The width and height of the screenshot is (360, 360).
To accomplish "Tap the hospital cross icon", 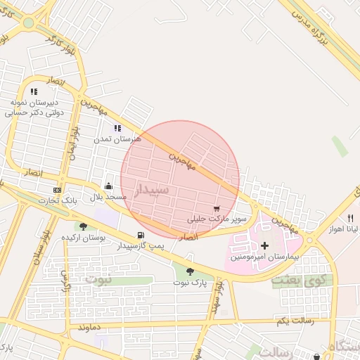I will (264, 245).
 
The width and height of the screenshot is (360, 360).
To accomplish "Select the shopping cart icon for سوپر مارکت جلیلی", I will (217, 208).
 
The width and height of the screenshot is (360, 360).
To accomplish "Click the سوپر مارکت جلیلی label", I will (217, 220).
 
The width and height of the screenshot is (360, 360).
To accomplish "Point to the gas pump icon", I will (141, 236).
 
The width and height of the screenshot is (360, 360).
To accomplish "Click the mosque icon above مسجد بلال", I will (108, 187).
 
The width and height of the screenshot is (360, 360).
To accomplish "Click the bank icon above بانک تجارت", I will (57, 191).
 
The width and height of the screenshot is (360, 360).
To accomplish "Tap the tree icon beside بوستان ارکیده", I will (84, 226).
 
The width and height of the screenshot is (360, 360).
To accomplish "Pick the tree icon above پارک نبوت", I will (190, 271).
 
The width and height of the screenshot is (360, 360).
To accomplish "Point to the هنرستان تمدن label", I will (118, 139).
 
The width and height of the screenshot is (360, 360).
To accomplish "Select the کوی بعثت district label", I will (293, 281).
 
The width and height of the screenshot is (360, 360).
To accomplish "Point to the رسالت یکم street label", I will (292, 321).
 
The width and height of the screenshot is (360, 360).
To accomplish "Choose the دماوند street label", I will (92, 328).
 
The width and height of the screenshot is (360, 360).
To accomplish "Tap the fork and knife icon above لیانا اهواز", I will (350, 218).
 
